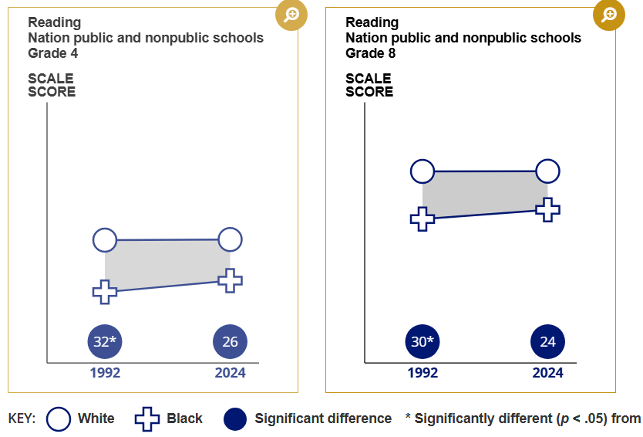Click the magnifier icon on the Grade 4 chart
(292, 15)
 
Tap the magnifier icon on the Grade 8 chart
(609, 15)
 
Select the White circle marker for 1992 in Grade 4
(105, 240)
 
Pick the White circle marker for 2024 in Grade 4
(231, 239)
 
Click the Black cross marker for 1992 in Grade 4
(105, 292)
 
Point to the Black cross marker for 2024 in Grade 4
(231, 280)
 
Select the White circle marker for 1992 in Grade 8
(422, 171)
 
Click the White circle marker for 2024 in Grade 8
(547, 171)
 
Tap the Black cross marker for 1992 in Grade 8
(422, 218)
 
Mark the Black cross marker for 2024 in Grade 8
(547, 209)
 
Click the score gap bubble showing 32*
(105, 342)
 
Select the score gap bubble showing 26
(231, 342)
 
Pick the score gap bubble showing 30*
(422, 342)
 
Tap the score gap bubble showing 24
(547, 342)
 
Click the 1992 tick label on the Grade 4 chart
(105, 373)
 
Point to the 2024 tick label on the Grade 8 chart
(547, 373)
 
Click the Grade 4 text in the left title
(53, 53)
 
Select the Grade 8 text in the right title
(371, 53)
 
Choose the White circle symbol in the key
(59, 419)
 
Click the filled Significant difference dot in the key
(236, 419)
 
